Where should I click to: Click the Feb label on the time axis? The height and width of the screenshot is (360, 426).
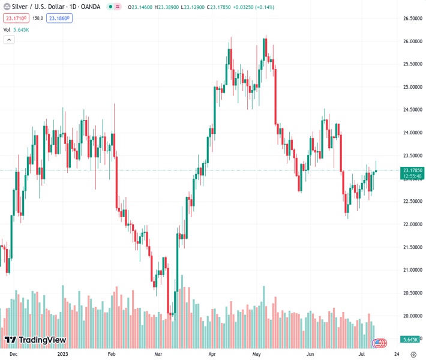(112, 354)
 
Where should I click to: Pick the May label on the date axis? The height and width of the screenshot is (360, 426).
(256, 354)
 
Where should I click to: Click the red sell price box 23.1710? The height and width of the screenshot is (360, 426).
(14, 19)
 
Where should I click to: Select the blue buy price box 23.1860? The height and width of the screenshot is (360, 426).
(60, 19)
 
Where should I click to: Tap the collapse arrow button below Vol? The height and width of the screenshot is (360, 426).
(9, 40)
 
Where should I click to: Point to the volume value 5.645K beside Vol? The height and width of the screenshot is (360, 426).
(22, 29)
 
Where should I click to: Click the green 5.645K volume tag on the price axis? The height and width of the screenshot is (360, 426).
(411, 340)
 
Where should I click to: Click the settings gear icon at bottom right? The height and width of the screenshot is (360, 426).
(413, 354)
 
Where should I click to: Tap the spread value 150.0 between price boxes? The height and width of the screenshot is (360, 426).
(37, 19)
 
